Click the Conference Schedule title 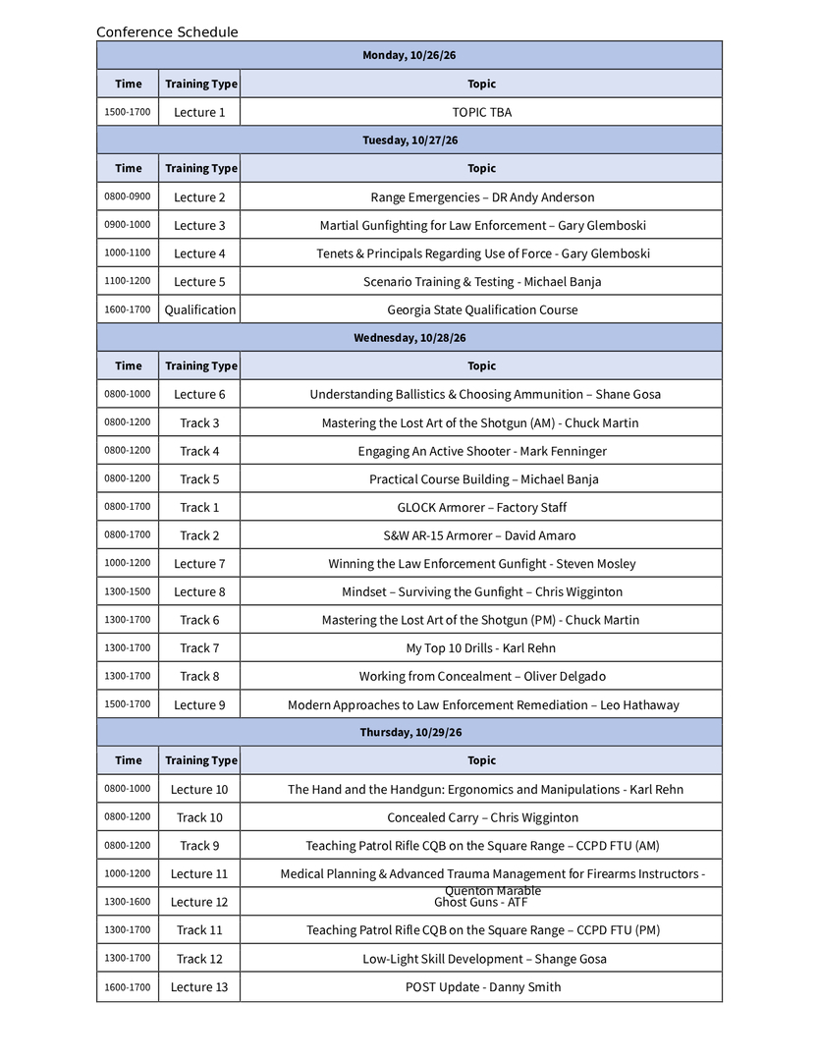(167, 32)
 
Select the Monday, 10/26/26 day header (409, 55)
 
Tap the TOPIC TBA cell (481, 112)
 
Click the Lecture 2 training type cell (199, 197)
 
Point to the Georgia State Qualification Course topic (481, 310)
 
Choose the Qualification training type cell (199, 310)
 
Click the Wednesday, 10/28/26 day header (409, 338)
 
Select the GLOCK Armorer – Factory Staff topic (481, 508)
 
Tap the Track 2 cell (199, 536)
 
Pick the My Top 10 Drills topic (481, 648)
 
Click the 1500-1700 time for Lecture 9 (128, 704)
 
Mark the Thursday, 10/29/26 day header (409, 733)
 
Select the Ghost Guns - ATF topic (481, 903)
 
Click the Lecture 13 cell (199, 987)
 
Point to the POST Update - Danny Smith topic (482, 987)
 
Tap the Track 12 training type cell (199, 959)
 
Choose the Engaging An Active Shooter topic (481, 452)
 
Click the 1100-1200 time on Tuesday (128, 281)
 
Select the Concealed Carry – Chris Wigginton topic (482, 818)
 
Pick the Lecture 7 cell (199, 564)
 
